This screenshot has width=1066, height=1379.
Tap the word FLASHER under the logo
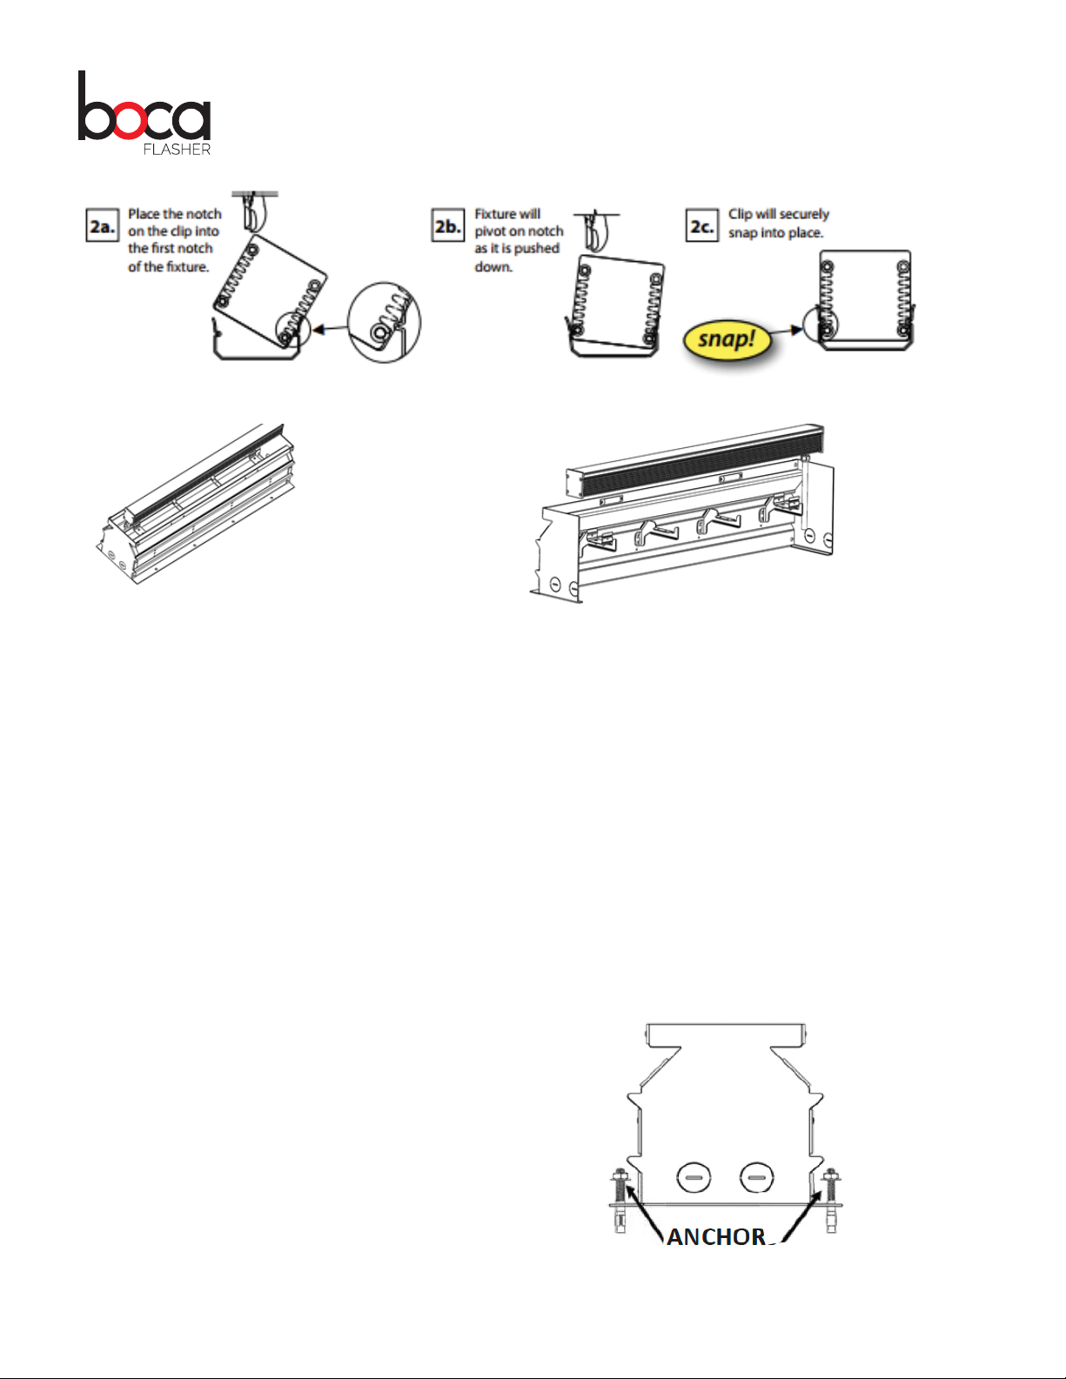point(177,149)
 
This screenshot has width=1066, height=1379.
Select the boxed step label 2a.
point(102,226)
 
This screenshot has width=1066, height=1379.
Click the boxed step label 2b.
point(447,226)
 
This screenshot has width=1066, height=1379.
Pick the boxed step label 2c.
point(701,226)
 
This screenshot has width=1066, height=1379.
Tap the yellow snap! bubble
point(727,338)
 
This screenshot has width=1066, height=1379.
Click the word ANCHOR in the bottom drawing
point(716,1235)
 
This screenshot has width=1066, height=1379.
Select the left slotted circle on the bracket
point(694,1179)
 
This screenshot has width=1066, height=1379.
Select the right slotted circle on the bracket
point(756,1179)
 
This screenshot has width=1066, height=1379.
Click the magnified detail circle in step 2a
point(384,322)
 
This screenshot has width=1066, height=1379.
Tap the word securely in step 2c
point(804,214)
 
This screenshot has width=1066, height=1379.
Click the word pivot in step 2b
point(490,231)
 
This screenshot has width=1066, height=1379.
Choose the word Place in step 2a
point(144,214)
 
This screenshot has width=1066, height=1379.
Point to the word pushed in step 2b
point(536,249)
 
